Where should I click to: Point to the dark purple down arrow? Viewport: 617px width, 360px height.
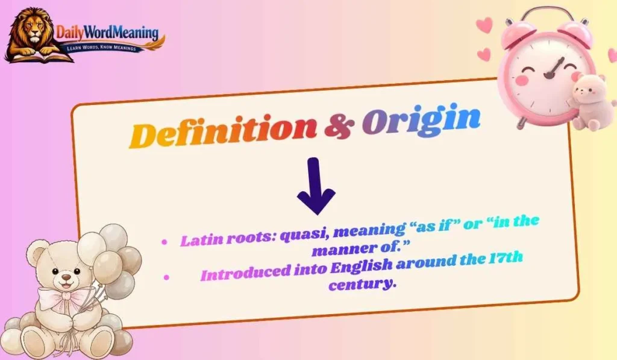coord(316,187)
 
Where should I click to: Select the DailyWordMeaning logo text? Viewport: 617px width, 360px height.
coord(107,32)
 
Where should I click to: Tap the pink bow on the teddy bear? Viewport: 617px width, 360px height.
coord(63,298)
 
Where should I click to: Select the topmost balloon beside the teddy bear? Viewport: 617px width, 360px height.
coord(113,236)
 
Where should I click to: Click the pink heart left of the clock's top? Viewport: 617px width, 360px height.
coord(484,25)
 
